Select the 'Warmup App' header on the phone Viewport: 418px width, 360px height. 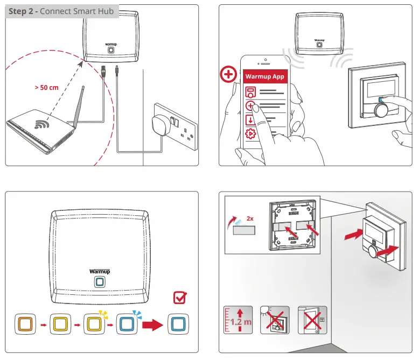(x=264, y=76)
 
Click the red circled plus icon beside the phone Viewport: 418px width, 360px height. (x=229, y=74)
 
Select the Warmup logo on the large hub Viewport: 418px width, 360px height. (x=100, y=271)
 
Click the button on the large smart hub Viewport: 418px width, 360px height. (x=100, y=282)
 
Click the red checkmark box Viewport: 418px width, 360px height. (x=181, y=297)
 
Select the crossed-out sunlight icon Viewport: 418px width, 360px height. (x=275, y=321)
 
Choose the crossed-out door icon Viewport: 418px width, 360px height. (x=310, y=321)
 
